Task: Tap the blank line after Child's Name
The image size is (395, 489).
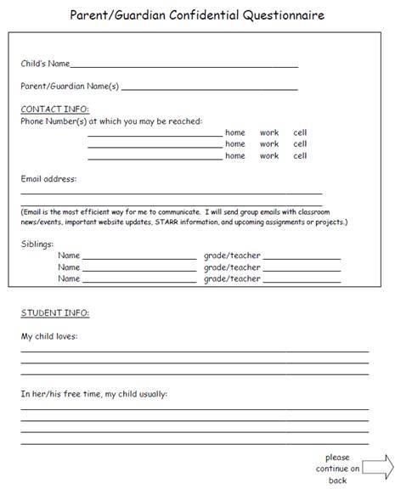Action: click(x=184, y=65)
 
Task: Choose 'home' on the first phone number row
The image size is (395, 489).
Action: click(x=234, y=132)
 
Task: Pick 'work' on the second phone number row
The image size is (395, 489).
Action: click(x=269, y=144)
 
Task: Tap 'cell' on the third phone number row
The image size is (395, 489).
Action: click(x=300, y=156)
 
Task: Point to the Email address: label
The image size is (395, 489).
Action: click(x=48, y=179)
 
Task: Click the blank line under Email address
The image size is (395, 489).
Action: click(x=171, y=194)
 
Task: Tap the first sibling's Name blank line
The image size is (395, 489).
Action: click(x=138, y=257)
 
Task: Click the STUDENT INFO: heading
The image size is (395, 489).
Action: click(x=54, y=313)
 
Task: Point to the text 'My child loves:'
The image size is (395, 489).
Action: click(x=49, y=337)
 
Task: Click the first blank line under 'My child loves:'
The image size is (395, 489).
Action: click(x=195, y=351)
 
